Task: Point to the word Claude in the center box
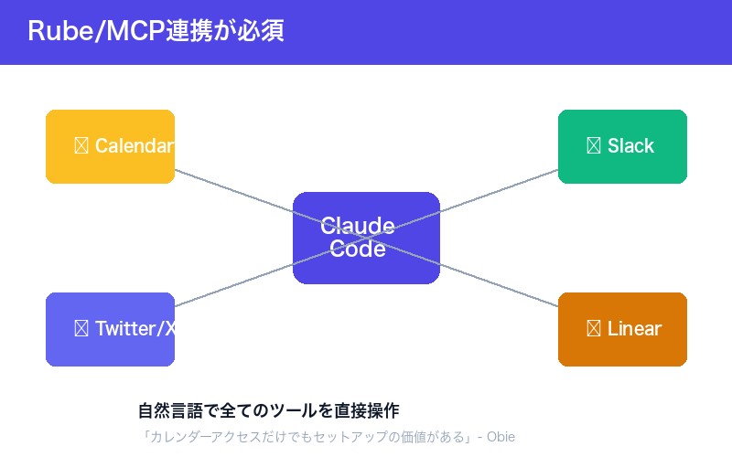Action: pos(358,227)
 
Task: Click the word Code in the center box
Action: pos(358,249)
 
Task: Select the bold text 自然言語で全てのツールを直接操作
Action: pos(268,410)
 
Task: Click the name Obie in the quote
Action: pos(501,437)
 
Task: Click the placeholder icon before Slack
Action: pos(593,146)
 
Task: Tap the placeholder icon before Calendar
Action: pos(81,146)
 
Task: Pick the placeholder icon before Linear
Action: pos(593,329)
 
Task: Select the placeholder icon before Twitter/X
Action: pos(81,329)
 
